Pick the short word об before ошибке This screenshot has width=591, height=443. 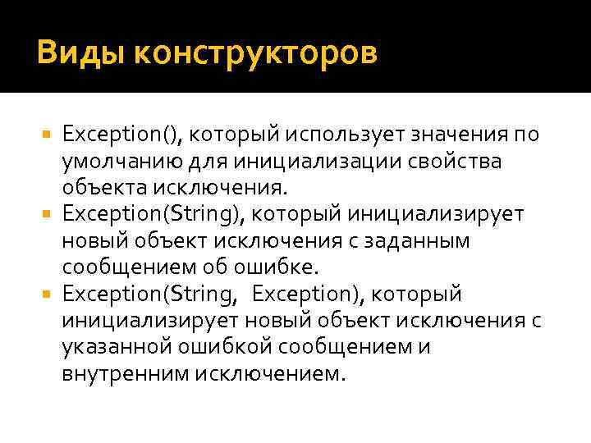[x=229, y=267]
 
